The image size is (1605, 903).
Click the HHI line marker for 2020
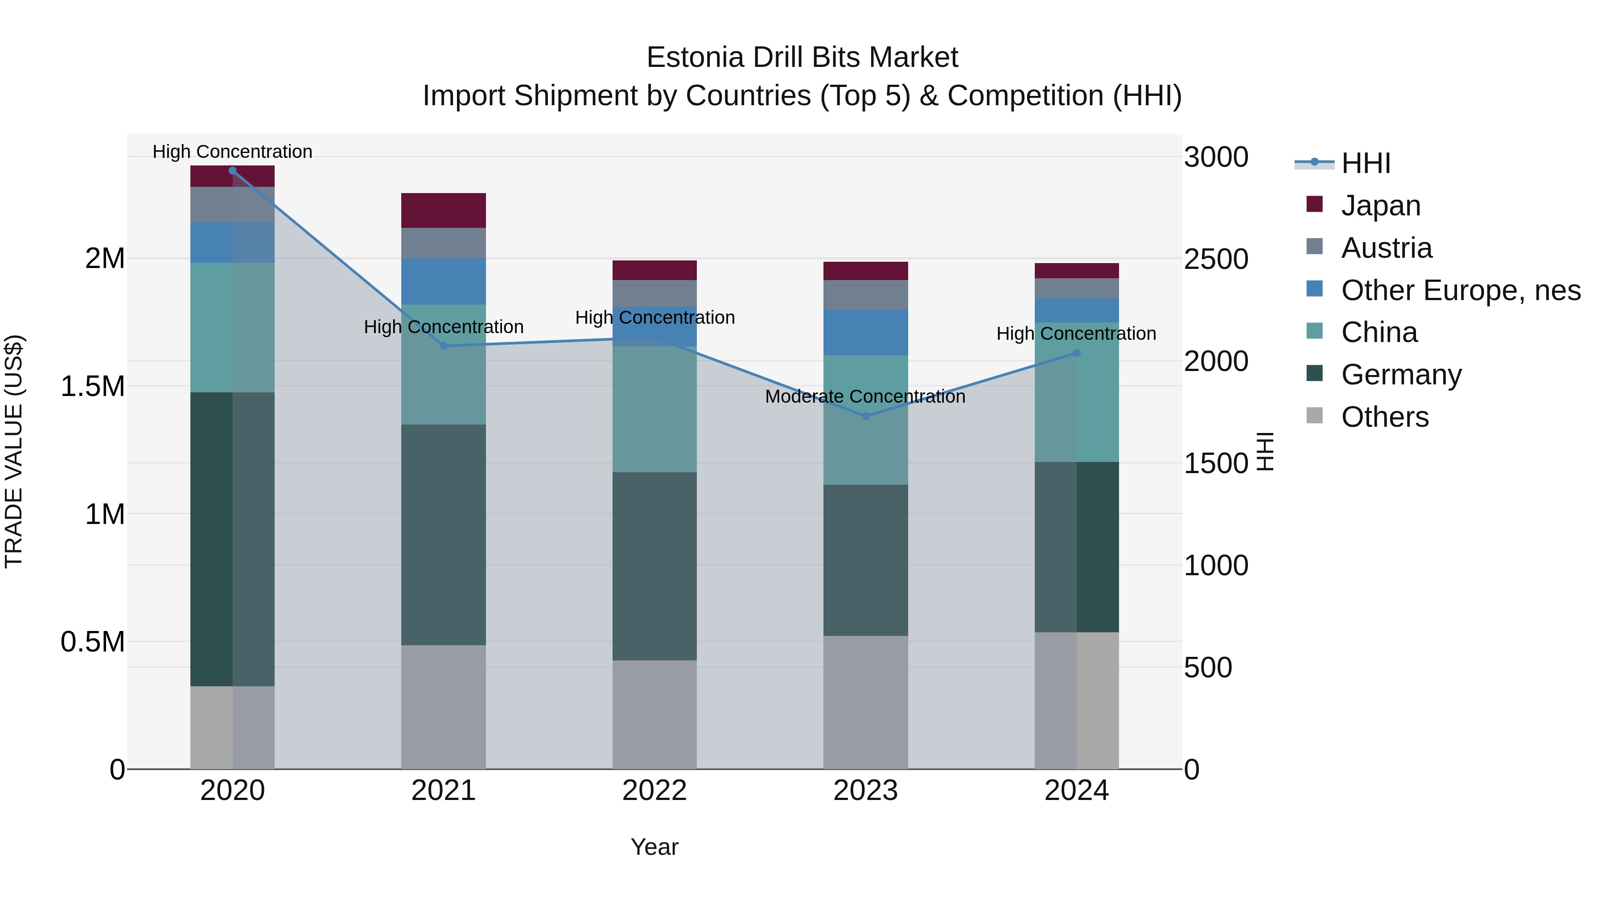[x=232, y=170]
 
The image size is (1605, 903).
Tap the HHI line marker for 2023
[x=865, y=416]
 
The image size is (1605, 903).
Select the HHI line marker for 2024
[x=1076, y=353]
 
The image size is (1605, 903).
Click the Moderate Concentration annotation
[x=865, y=396]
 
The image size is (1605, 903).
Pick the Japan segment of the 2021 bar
[x=443, y=210]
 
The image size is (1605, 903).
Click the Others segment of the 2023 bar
[x=865, y=702]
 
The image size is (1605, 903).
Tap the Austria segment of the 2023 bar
[x=865, y=294]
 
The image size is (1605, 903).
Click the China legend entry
[x=1379, y=332]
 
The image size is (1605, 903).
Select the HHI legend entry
[x=1365, y=163]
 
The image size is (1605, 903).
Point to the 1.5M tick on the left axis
[x=93, y=386]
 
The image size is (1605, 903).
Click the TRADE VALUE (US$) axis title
[x=14, y=451]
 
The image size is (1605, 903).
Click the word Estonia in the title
[x=695, y=58]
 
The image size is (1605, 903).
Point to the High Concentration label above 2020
[x=232, y=152]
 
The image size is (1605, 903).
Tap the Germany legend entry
[x=1401, y=375]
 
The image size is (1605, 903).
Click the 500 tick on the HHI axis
[x=1207, y=668]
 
